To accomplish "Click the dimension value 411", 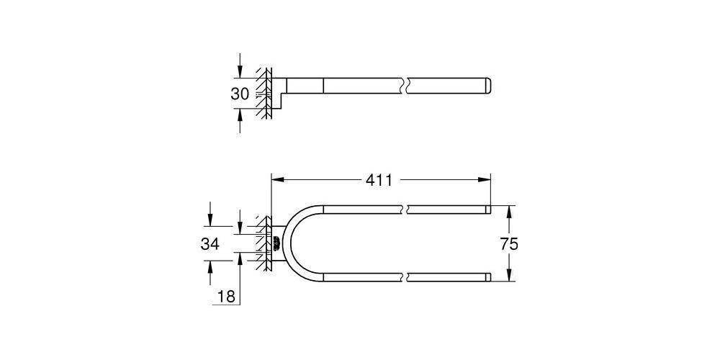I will pos(379,181).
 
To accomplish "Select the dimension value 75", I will pos(509,244).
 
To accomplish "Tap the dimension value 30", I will pos(240,94).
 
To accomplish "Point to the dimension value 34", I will pos(210,244).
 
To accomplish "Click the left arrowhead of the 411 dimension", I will pos(275,181).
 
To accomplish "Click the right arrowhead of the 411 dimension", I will pos(486,181).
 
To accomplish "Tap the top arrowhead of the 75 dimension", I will pos(509,211).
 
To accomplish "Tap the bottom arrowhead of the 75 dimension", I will pos(509,276).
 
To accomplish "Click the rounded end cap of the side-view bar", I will pos(489,86).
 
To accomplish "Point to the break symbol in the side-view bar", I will pos(405,86).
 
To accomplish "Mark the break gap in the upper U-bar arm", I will pos(405,210).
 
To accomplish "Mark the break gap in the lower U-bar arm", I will pos(405,276).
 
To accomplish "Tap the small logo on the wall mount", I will pos(276,243).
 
